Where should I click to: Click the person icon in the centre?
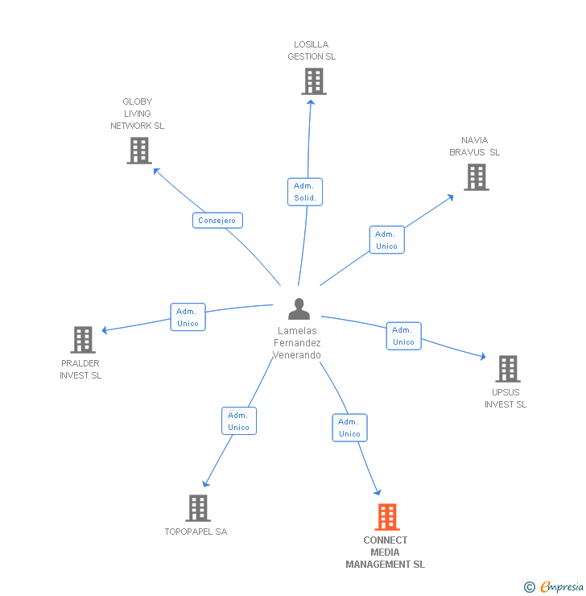pos(299,308)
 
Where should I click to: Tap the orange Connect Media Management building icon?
pos(387,517)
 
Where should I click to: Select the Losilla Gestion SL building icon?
pos(314,81)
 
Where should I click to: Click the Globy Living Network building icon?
pos(139,150)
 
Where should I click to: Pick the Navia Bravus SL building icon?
pos(477,177)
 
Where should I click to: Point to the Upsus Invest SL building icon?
pos(507,368)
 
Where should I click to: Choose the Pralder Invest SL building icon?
pos(82,340)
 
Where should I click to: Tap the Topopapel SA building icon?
pos(198,508)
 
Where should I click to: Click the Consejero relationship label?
pos(217,220)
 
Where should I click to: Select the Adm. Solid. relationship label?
pos(305,192)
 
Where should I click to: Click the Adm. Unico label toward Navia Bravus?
pos(386,240)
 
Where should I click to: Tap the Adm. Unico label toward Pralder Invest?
pos(188,317)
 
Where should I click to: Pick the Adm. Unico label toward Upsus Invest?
pos(403,336)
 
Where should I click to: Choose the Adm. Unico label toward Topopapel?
pos(238,421)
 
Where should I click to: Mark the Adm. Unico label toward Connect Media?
pos(349,428)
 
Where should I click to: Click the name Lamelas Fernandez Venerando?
pos(297,343)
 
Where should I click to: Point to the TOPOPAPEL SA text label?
pos(196,532)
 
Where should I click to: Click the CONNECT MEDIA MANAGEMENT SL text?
pos(386,553)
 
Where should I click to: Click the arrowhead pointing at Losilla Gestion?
pos(311,102)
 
